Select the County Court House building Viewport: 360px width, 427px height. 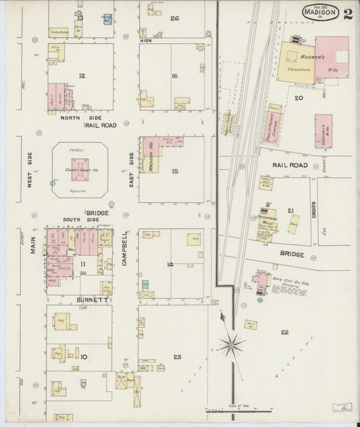[80, 168]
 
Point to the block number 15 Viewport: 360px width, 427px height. [175, 172]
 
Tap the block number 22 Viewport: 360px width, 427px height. [284, 332]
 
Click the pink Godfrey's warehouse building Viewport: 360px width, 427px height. [323, 130]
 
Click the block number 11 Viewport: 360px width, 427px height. [83, 263]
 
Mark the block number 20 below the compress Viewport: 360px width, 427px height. [297, 97]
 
